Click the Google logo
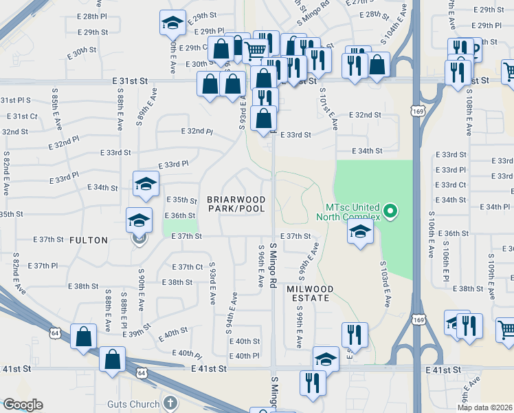point(23,405)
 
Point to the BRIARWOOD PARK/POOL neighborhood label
point(236,204)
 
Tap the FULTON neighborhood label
point(89,240)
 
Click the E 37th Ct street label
point(188,266)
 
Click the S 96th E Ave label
point(260,266)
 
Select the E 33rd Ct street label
point(454,184)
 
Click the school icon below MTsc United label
point(359,232)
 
